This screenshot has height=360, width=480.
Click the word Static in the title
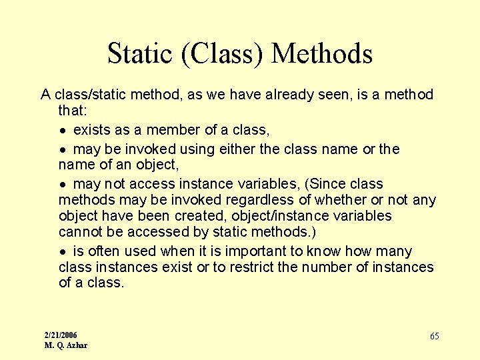138,54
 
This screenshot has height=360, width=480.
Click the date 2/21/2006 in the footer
61,335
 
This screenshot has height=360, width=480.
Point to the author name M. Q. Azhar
66,345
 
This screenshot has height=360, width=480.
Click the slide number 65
434,337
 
